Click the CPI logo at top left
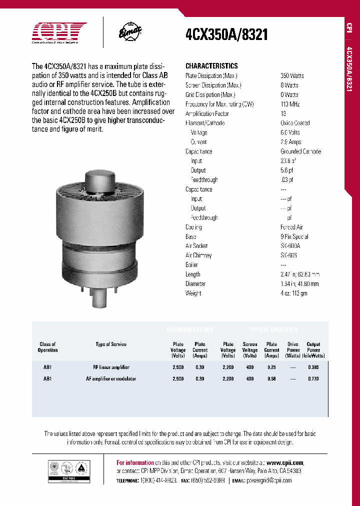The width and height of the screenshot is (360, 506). pyautogui.click(x=59, y=32)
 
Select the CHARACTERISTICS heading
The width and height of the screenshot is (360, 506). pyautogui.click(x=211, y=66)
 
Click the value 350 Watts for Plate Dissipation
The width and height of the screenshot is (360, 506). pyautogui.click(x=292, y=76)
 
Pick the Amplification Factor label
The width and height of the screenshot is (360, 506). pyautogui.click(x=207, y=114)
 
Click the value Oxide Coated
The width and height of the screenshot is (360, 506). pyautogui.click(x=294, y=123)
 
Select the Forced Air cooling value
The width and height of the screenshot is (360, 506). pyautogui.click(x=291, y=227)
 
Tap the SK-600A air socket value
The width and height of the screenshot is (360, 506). pyautogui.click(x=290, y=246)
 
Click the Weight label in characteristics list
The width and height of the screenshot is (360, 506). pyautogui.click(x=193, y=293)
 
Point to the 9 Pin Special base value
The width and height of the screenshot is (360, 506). pyautogui.click(x=294, y=237)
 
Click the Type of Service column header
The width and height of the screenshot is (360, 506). pyautogui.click(x=111, y=344)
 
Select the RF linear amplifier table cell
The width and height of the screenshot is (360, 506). pyautogui.click(x=111, y=367)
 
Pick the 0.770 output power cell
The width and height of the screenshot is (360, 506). pyautogui.click(x=313, y=379)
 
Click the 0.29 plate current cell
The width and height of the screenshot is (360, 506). pyautogui.click(x=271, y=367)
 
